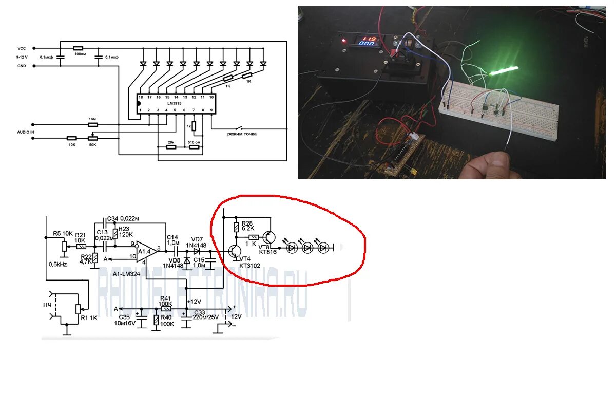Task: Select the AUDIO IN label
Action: pos(25,132)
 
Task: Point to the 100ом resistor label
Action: pos(80,53)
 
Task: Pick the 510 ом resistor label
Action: pos(195,142)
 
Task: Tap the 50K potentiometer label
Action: pos(93,145)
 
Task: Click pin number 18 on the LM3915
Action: pos(140,97)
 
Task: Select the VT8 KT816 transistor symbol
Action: pos(268,237)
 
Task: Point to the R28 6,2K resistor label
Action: pos(247,226)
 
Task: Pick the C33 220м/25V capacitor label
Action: pos(205,314)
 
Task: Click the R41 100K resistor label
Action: pos(165,301)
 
